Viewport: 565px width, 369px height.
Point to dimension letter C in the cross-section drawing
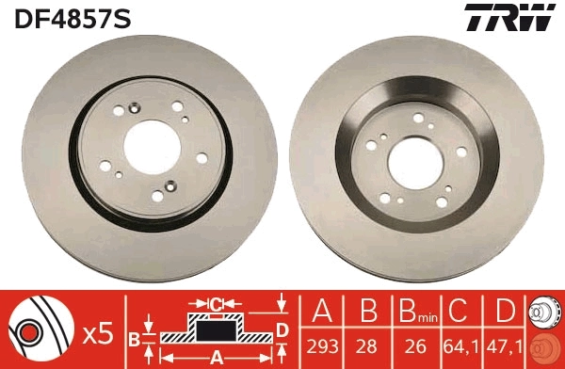(215, 304)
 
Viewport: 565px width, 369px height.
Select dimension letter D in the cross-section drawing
(281, 328)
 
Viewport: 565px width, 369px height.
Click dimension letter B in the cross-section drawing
(134, 336)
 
